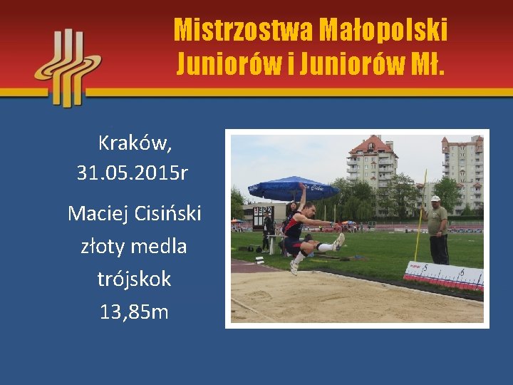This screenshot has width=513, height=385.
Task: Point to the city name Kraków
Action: point(135,143)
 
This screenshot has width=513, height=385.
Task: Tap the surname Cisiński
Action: point(168,212)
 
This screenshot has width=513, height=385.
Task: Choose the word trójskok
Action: point(134,279)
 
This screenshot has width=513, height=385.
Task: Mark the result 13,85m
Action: point(134,311)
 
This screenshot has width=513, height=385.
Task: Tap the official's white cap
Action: point(435,199)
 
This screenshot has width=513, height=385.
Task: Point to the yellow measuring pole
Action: point(420,214)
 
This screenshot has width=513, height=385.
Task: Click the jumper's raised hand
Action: point(303,187)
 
